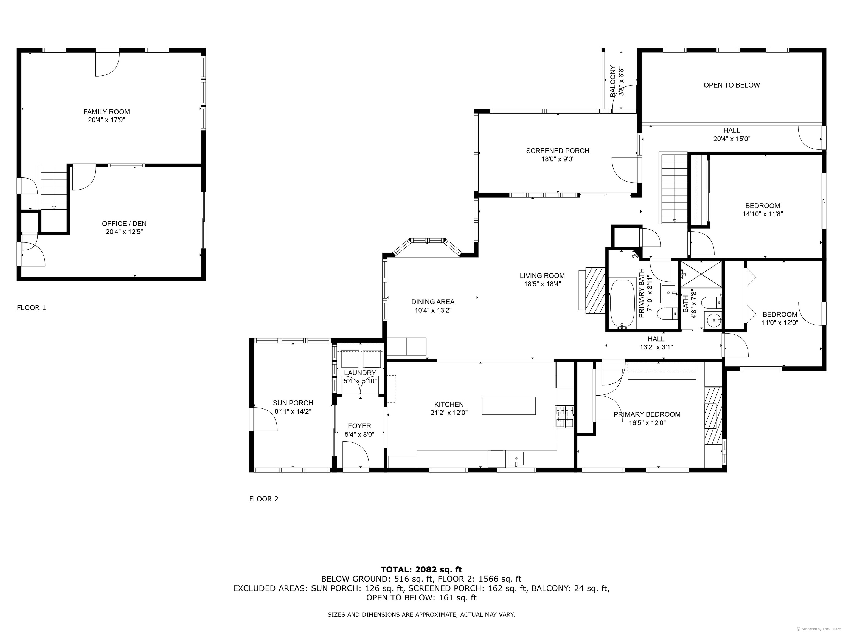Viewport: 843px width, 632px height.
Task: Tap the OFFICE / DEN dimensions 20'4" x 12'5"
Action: coord(124,232)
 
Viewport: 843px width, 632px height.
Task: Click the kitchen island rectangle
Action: coord(508,406)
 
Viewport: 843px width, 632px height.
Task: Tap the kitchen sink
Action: coord(516,458)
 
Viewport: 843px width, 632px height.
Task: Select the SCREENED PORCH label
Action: coord(558,151)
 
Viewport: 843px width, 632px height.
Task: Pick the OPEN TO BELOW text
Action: coord(731,85)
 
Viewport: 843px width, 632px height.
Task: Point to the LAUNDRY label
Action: coord(360,373)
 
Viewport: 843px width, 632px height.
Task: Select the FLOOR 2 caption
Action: coord(263,499)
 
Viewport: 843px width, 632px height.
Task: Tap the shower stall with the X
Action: coord(701,274)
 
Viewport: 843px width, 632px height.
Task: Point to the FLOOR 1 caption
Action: coord(31,307)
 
